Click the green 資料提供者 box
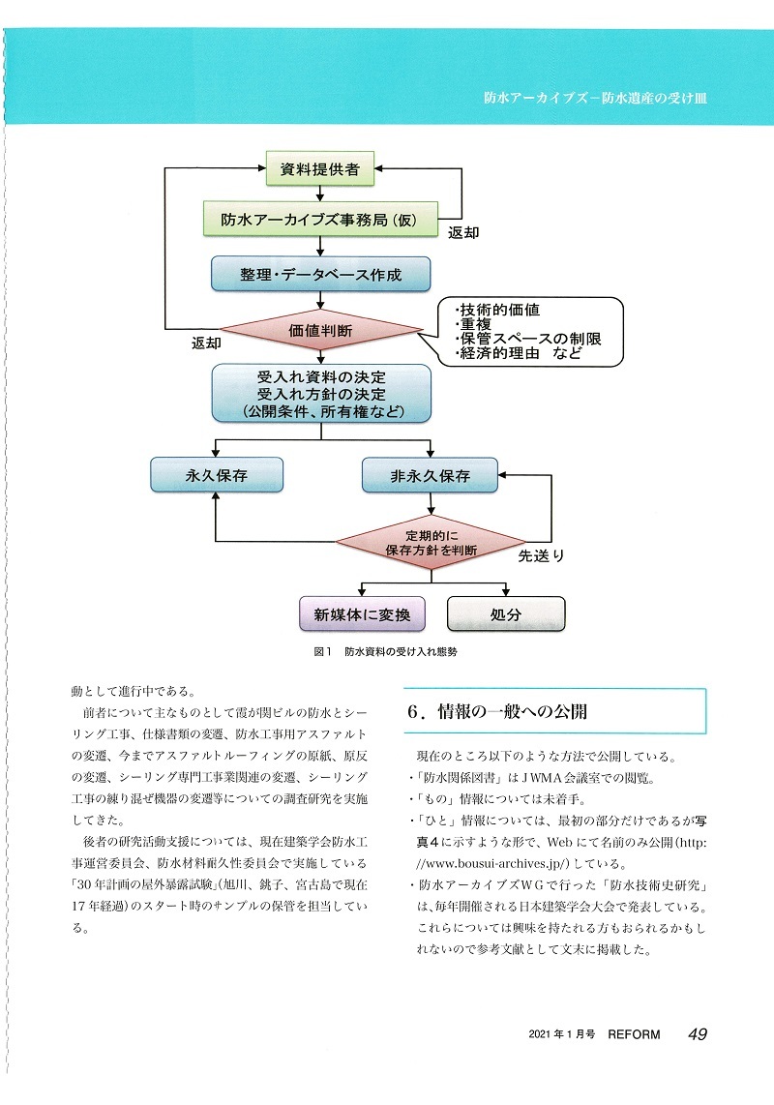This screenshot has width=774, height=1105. pos(320,169)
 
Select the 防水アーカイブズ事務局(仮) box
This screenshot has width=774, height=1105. pos(321,220)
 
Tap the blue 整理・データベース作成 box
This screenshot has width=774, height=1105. pos(321,274)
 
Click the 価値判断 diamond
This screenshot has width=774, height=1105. pos(321,330)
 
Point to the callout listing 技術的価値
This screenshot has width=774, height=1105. pos(530,332)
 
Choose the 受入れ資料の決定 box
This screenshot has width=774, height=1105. pos(321,393)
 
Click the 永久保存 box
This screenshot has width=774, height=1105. pos(217,475)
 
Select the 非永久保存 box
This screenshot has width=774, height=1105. pos(430,476)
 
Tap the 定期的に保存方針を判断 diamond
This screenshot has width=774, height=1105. pos(432,543)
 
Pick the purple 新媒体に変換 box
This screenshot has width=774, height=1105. pos(362,614)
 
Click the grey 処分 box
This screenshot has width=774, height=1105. pos(506,614)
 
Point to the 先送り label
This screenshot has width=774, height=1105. pos(542,556)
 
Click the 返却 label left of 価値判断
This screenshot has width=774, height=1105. pos(206,343)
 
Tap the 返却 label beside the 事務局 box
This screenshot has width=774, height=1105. pos(463,232)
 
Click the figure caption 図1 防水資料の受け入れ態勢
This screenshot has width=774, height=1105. pos(386,652)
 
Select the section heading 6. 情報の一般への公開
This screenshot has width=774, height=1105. pos(497,712)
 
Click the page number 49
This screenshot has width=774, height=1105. pos(698,1033)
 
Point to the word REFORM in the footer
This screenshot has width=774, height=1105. pos(634,1034)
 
